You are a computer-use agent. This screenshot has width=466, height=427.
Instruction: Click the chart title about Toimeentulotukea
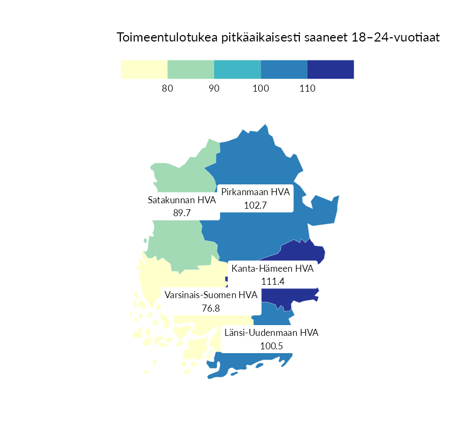(x=278, y=38)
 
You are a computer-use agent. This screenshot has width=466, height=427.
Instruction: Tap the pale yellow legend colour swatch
(x=144, y=70)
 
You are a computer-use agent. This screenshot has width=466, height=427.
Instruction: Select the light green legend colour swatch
(x=191, y=70)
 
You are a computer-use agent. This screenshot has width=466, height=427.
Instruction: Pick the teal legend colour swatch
(x=237, y=70)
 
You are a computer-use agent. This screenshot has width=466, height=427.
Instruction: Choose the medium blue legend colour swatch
(x=284, y=70)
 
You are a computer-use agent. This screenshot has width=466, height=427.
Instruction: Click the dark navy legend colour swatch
(x=331, y=70)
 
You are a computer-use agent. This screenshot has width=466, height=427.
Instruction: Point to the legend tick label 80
(x=167, y=88)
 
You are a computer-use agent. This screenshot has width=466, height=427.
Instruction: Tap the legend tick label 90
(x=214, y=88)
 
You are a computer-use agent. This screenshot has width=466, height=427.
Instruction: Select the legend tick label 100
(x=261, y=88)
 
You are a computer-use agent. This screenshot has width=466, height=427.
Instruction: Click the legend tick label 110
(x=307, y=88)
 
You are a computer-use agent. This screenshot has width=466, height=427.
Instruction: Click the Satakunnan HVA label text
(x=182, y=201)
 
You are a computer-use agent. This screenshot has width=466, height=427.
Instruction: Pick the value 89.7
(x=182, y=213)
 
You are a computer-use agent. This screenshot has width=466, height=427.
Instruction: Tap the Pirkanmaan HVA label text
(x=256, y=192)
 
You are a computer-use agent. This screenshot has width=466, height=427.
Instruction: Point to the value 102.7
(x=256, y=205)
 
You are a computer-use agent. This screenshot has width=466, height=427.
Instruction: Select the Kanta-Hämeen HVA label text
(x=272, y=268)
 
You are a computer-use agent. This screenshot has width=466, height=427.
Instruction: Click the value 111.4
(x=272, y=281)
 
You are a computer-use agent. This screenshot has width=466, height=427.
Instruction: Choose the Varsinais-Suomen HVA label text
(x=211, y=295)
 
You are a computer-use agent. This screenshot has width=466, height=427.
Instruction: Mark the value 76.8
(x=211, y=308)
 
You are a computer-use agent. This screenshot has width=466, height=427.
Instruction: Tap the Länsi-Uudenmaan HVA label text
(x=271, y=333)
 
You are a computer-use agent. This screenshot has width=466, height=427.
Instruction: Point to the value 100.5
(x=271, y=346)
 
